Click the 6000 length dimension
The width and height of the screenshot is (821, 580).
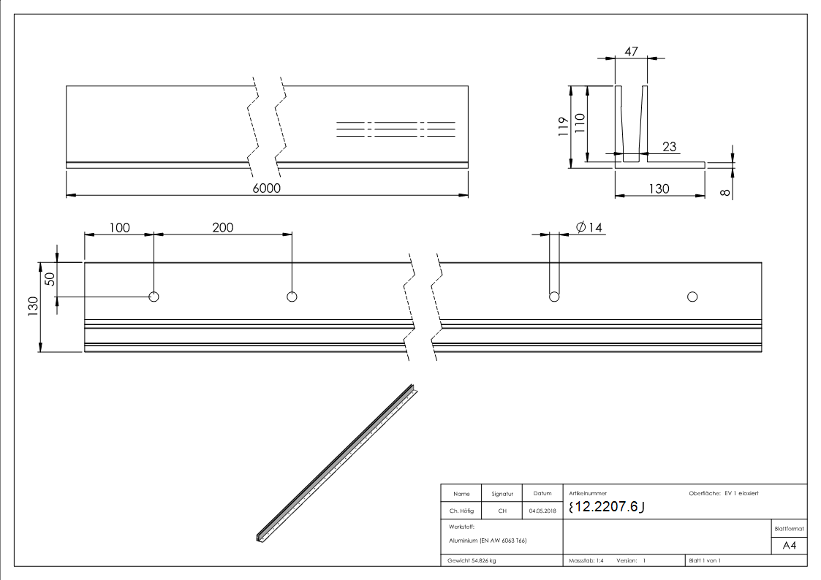pyautogui.click(x=267, y=188)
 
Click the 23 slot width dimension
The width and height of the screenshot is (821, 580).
pyautogui.click(x=669, y=147)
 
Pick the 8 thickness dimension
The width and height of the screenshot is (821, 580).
pyautogui.click(x=724, y=193)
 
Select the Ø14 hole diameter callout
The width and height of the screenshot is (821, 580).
pyautogui.click(x=589, y=228)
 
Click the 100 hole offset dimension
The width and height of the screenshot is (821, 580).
pyautogui.click(x=119, y=227)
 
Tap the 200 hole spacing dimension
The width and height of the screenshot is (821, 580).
pyautogui.click(x=222, y=227)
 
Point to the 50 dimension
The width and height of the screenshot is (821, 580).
pyautogui.click(x=50, y=279)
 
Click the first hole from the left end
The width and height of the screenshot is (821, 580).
pyautogui.click(x=154, y=297)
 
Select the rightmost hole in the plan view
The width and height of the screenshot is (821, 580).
pyautogui.click(x=692, y=297)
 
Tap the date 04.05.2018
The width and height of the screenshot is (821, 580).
pyautogui.click(x=542, y=511)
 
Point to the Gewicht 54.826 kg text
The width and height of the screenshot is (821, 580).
pyautogui.click(x=472, y=561)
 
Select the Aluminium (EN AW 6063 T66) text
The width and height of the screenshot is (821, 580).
pyautogui.click(x=488, y=541)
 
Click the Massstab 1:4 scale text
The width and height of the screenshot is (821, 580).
pyautogui.click(x=586, y=561)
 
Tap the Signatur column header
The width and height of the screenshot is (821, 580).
pyautogui.click(x=502, y=494)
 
